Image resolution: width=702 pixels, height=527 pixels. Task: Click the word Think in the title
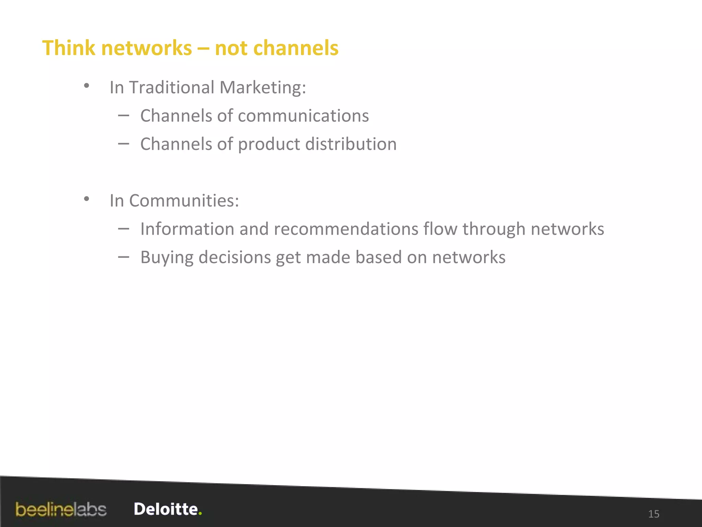pos(69,48)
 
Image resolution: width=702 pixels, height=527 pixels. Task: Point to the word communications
pos(303,116)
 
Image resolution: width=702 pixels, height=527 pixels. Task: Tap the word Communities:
pos(184,200)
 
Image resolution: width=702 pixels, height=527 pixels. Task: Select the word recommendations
pos(346,229)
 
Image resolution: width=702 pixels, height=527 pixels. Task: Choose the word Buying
pos(167,258)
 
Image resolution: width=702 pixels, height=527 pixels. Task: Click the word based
pos(378,257)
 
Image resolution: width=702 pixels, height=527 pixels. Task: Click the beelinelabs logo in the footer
pos(61,510)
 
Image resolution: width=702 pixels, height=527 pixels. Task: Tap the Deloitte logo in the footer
pos(168,509)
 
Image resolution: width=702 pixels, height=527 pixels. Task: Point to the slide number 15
pos(654,514)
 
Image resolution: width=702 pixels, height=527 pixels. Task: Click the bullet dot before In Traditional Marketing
pos(87,85)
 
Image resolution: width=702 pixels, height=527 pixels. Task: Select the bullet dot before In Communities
pos(87,199)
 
